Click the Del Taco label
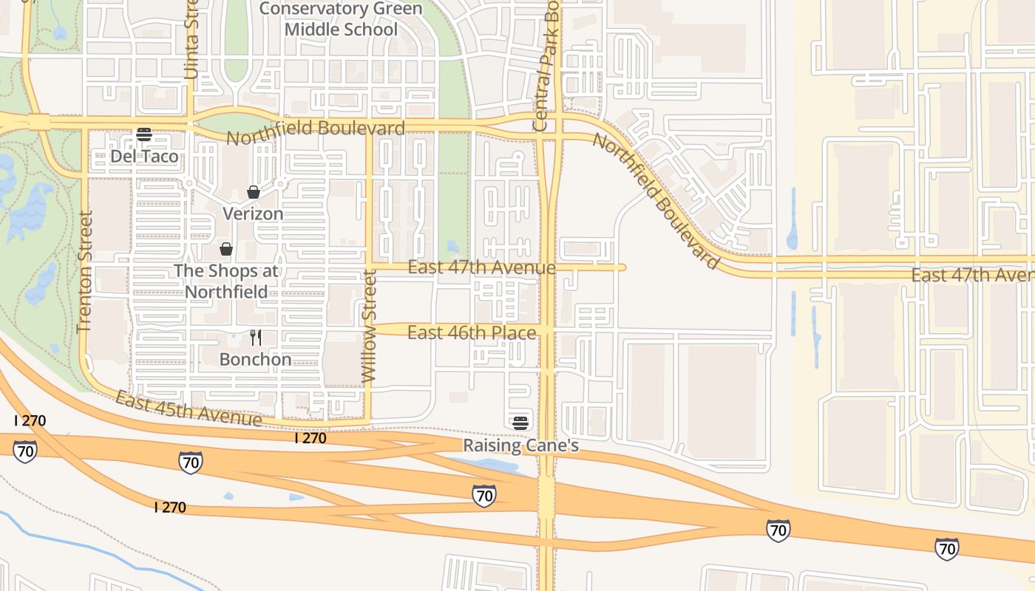(144, 157)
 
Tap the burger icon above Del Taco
(144, 134)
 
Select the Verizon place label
(253, 214)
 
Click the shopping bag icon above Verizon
(253, 192)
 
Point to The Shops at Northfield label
(226, 281)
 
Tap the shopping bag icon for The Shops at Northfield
(226, 249)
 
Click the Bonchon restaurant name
(255, 361)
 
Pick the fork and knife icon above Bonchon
(256, 338)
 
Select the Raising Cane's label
(520, 446)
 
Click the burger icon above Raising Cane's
(520, 423)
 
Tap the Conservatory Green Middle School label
(341, 19)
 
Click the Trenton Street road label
(84, 272)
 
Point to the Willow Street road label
(370, 326)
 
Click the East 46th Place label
(472, 333)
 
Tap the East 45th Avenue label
(188, 409)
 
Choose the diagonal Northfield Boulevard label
(656, 201)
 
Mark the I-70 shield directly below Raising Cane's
(484, 496)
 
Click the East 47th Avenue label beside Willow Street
(481, 267)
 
